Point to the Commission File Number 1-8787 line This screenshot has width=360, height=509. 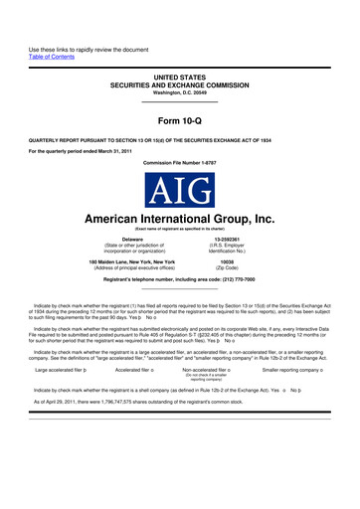(180, 160)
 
